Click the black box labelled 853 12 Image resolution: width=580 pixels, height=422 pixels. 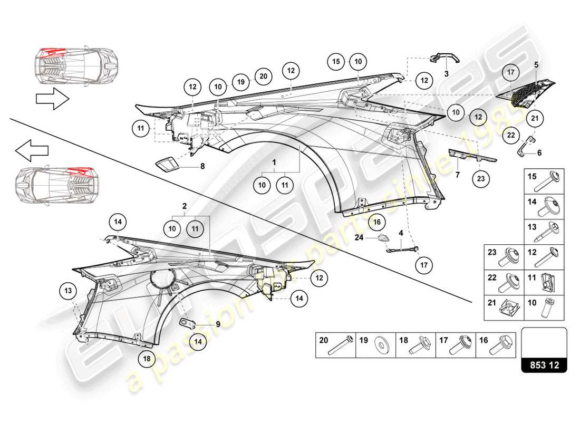tap(544, 365)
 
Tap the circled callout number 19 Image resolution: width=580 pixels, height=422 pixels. tap(240, 83)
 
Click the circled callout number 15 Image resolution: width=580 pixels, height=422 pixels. tap(336, 62)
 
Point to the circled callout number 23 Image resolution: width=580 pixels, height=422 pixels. tap(480, 179)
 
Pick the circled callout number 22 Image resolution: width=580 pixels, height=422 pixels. tap(510, 134)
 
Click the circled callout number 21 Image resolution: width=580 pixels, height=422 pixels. tap(535, 119)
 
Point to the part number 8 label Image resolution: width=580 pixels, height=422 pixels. tap(202, 165)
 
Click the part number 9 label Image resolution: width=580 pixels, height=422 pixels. tap(217, 325)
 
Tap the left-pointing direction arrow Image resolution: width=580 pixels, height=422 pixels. tap(32, 151)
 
